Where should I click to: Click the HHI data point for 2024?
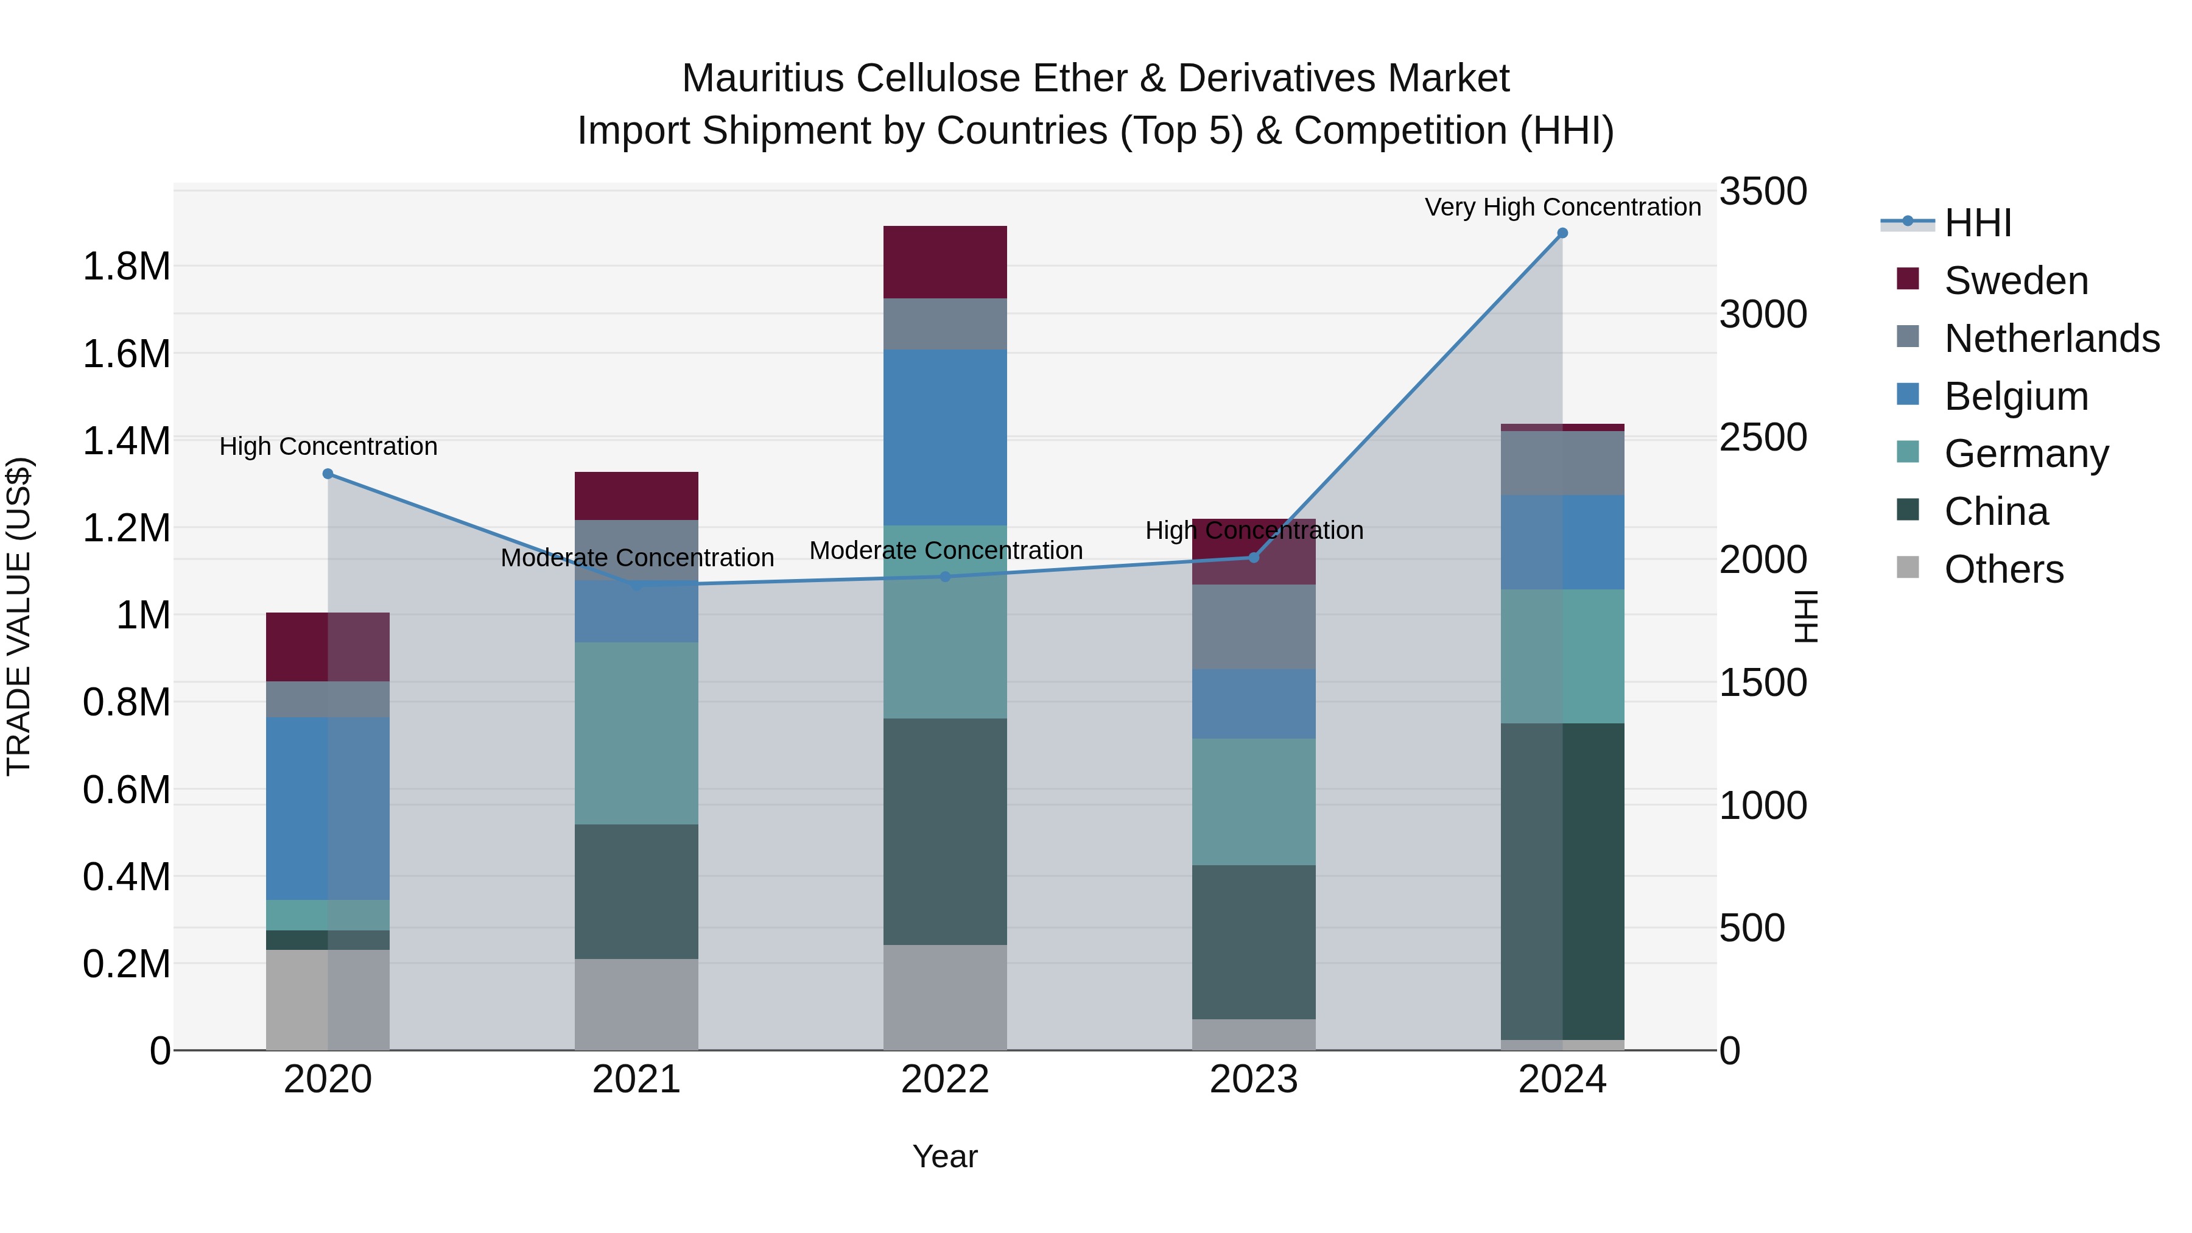(x=1562, y=233)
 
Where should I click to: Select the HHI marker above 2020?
(x=328, y=474)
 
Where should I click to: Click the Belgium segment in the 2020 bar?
(x=328, y=809)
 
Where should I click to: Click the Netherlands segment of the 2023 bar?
(x=1254, y=627)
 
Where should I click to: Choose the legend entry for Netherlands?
(x=2051, y=339)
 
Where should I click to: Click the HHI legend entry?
(x=1978, y=223)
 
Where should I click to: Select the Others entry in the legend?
(x=2004, y=569)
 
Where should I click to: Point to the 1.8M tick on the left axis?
(x=126, y=266)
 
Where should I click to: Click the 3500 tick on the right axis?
(x=1762, y=191)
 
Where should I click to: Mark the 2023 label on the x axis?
(x=1254, y=1080)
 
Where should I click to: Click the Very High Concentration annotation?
(x=1562, y=207)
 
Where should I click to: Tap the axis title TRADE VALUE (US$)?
(x=19, y=616)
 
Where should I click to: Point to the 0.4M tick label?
(x=126, y=876)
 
